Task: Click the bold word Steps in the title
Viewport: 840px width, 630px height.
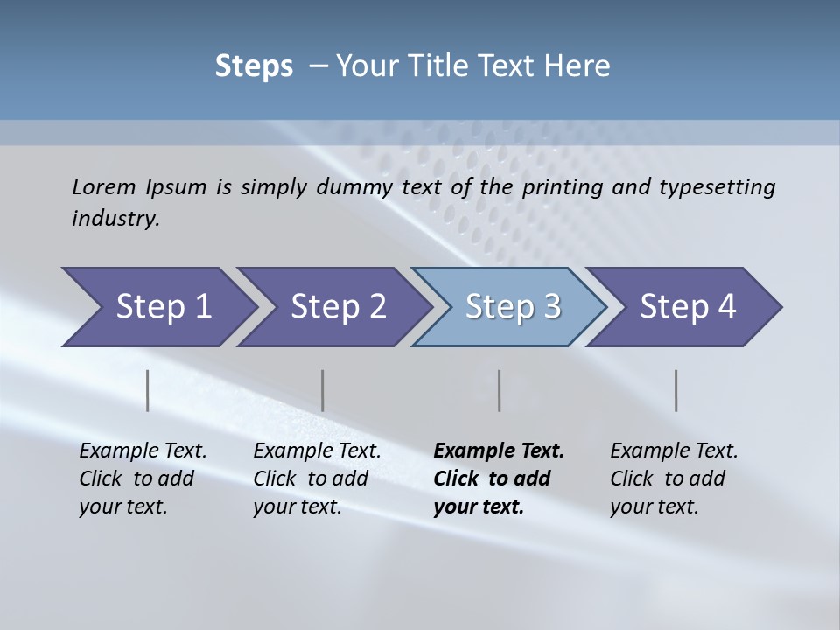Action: point(254,66)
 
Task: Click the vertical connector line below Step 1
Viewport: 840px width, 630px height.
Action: point(148,390)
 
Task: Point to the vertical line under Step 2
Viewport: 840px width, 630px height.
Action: point(323,390)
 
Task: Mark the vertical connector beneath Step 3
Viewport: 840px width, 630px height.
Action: point(500,390)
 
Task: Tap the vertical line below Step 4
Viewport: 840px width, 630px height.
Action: point(676,390)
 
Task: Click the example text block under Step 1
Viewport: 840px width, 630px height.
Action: point(143,479)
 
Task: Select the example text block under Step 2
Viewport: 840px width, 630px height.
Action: point(317,479)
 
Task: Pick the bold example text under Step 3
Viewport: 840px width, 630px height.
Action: point(499,479)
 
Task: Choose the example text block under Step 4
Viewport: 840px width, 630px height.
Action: point(674,479)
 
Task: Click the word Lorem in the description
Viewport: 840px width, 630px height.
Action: point(104,186)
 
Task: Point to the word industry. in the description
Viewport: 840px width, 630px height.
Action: point(115,219)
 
